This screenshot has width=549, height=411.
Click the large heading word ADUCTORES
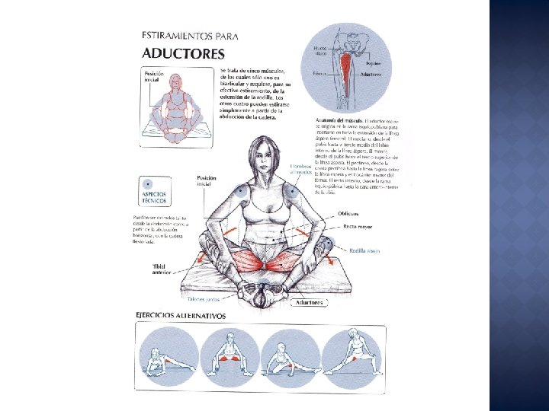pyautogui.click(x=183, y=53)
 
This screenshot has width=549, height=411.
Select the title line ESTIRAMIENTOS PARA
pyautogui.click(x=190, y=35)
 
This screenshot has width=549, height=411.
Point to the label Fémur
pyautogui.click(x=319, y=74)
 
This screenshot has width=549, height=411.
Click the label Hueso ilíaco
pyautogui.click(x=321, y=51)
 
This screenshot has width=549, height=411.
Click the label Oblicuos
pyautogui.click(x=350, y=213)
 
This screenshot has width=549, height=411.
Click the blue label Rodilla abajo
pyautogui.click(x=364, y=250)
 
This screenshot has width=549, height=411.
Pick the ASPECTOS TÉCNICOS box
pyautogui.click(x=156, y=193)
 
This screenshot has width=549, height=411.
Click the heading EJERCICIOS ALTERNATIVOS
pyautogui.click(x=181, y=315)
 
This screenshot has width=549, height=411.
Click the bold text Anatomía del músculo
pyautogui.click(x=339, y=121)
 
